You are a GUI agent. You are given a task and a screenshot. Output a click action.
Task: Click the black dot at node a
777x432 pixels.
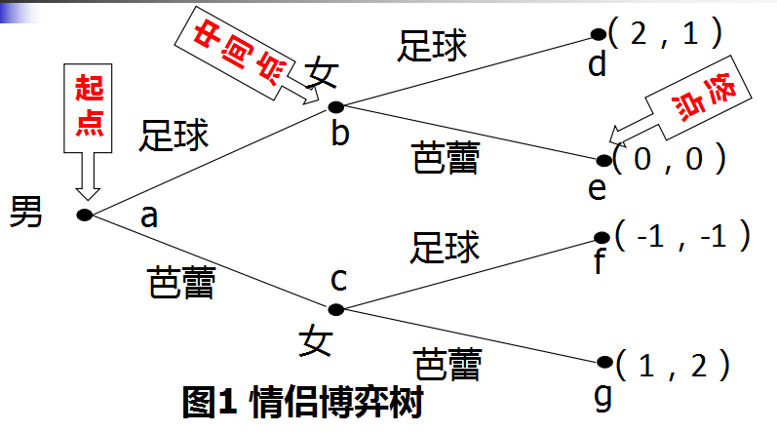[84, 214]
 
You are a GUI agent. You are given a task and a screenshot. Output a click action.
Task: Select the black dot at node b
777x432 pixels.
[336, 105]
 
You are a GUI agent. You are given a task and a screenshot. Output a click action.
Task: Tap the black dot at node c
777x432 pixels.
[336, 309]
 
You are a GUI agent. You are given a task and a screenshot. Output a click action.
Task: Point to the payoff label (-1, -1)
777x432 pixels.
[681, 234]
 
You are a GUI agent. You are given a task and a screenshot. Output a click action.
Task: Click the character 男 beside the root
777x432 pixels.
[26, 212]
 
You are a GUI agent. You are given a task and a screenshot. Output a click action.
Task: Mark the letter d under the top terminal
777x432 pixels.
[597, 65]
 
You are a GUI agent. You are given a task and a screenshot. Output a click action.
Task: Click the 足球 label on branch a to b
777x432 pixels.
[175, 136]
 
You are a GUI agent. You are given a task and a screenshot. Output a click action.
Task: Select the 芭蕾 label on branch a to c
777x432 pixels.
[179, 284]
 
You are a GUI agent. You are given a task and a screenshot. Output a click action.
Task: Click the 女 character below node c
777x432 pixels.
[314, 341]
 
